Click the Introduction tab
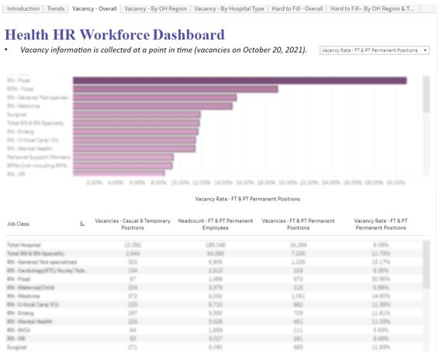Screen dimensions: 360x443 click(x=22, y=9)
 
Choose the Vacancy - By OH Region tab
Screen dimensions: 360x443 click(x=154, y=9)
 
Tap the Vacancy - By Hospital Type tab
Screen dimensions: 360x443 click(x=228, y=9)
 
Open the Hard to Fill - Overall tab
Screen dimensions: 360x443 click(x=296, y=9)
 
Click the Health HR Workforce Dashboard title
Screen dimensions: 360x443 click(x=115, y=35)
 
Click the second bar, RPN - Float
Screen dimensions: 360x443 click(x=175, y=88)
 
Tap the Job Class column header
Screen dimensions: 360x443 click(x=18, y=223)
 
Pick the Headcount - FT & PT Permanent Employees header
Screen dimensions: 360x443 click(x=215, y=223)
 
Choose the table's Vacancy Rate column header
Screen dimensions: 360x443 click(x=380, y=223)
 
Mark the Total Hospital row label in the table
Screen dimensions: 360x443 click(x=23, y=244)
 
